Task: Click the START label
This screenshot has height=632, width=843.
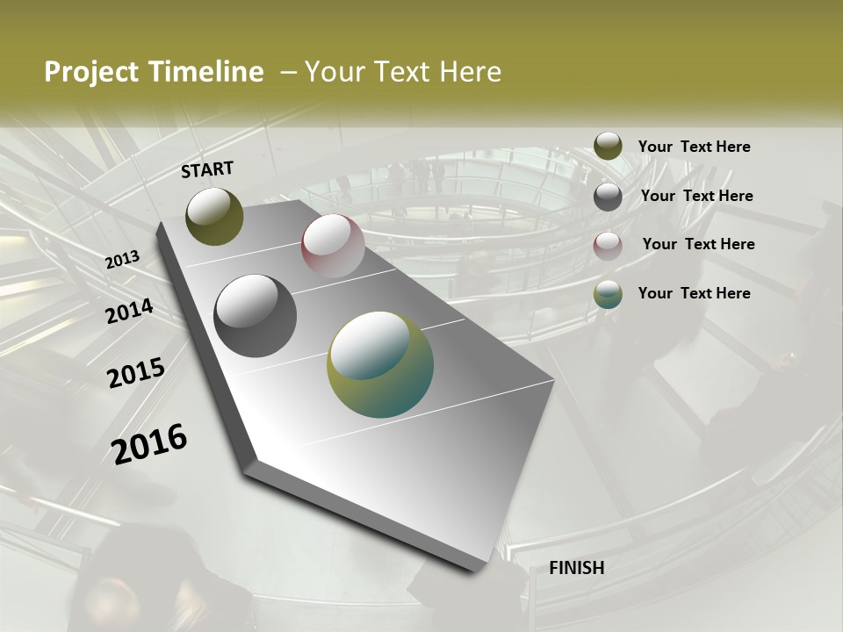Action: pyautogui.click(x=207, y=169)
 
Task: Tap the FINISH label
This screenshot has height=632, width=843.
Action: pyautogui.click(x=576, y=568)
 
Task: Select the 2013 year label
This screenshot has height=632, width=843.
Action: pyautogui.click(x=123, y=259)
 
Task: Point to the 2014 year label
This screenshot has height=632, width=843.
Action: pyautogui.click(x=130, y=311)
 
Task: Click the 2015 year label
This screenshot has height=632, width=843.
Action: pyautogui.click(x=136, y=373)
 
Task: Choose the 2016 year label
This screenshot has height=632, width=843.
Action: pyautogui.click(x=149, y=443)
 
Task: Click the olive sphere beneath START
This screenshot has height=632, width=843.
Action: pyautogui.click(x=214, y=216)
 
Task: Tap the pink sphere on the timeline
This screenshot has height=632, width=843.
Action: pyautogui.click(x=333, y=246)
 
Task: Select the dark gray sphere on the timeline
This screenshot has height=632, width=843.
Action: pyautogui.click(x=256, y=316)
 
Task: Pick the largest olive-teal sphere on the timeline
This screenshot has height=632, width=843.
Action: pyautogui.click(x=380, y=364)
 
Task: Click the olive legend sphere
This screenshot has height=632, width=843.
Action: pyautogui.click(x=608, y=146)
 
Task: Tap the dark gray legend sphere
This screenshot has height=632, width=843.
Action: pyautogui.click(x=608, y=197)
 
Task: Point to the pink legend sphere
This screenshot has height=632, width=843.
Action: pyautogui.click(x=608, y=245)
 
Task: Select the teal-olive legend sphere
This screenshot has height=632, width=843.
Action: pyautogui.click(x=608, y=294)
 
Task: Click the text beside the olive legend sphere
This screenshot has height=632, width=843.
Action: pyautogui.click(x=694, y=147)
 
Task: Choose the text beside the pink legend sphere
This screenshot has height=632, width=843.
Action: pyautogui.click(x=698, y=244)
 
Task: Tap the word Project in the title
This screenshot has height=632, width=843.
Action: pyautogui.click(x=90, y=72)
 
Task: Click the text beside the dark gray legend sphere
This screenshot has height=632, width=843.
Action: pyautogui.click(x=696, y=196)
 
